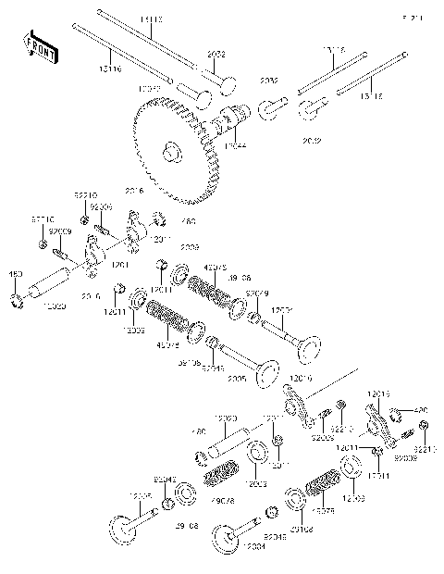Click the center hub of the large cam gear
pos(169,151)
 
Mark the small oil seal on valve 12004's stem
pos(272,512)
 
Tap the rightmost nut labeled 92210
pos(423,425)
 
